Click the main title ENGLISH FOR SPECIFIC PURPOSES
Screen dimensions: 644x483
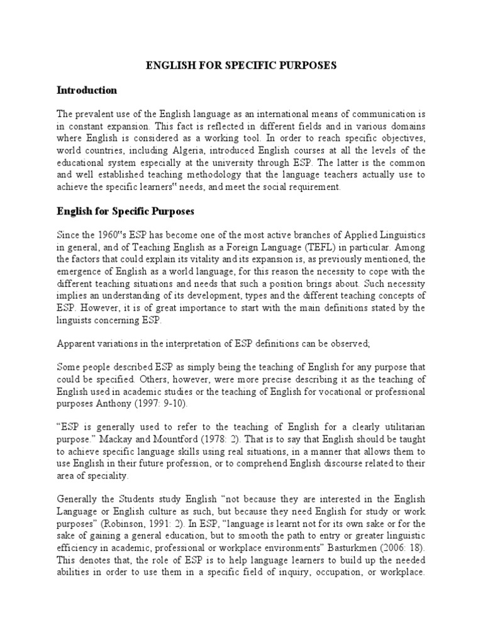241,65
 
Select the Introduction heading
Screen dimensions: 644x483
87,91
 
